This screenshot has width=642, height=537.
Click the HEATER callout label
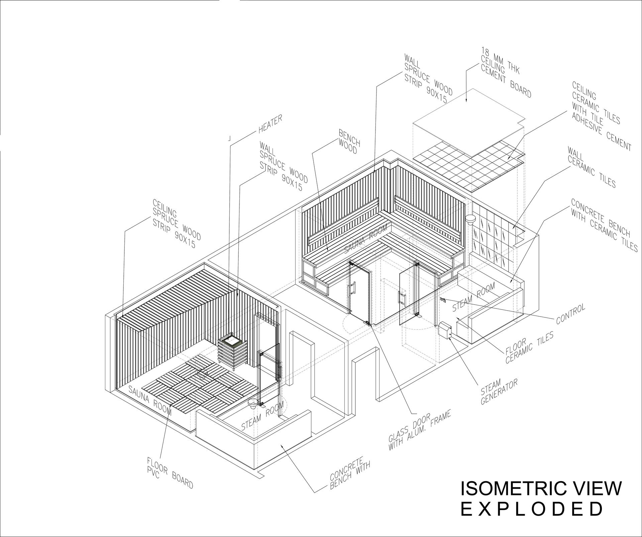tap(271, 124)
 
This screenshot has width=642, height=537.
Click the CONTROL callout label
tap(570, 314)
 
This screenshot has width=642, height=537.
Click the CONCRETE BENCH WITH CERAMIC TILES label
tap(604, 225)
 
